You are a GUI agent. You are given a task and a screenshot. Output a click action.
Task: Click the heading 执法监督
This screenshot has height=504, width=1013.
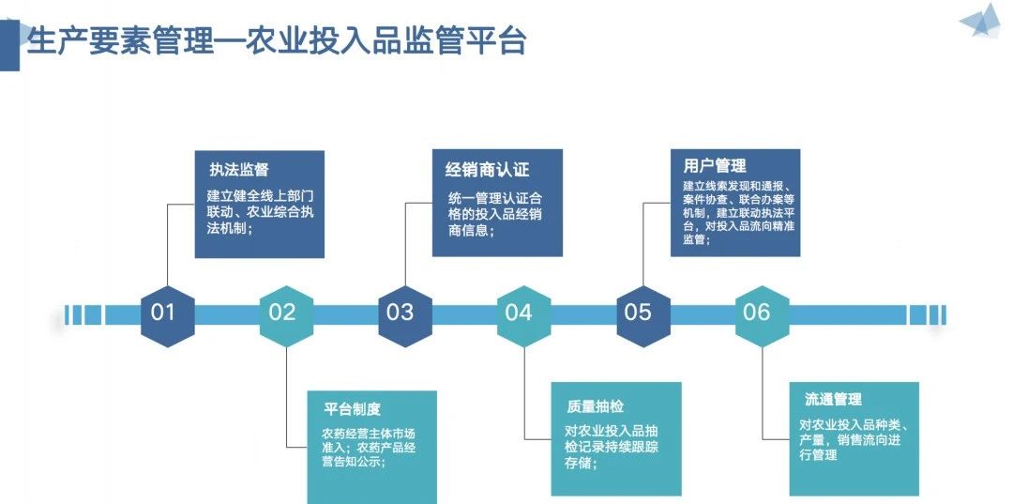click(x=238, y=170)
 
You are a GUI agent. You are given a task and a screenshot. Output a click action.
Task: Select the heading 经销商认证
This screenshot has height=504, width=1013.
click(x=487, y=170)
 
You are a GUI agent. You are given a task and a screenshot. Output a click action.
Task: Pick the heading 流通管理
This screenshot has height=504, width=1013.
click(x=833, y=400)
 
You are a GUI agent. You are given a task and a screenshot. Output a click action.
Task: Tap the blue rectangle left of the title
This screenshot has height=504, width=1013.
click(x=9, y=45)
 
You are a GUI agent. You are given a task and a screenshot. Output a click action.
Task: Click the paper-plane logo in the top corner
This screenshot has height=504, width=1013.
click(x=981, y=21)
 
